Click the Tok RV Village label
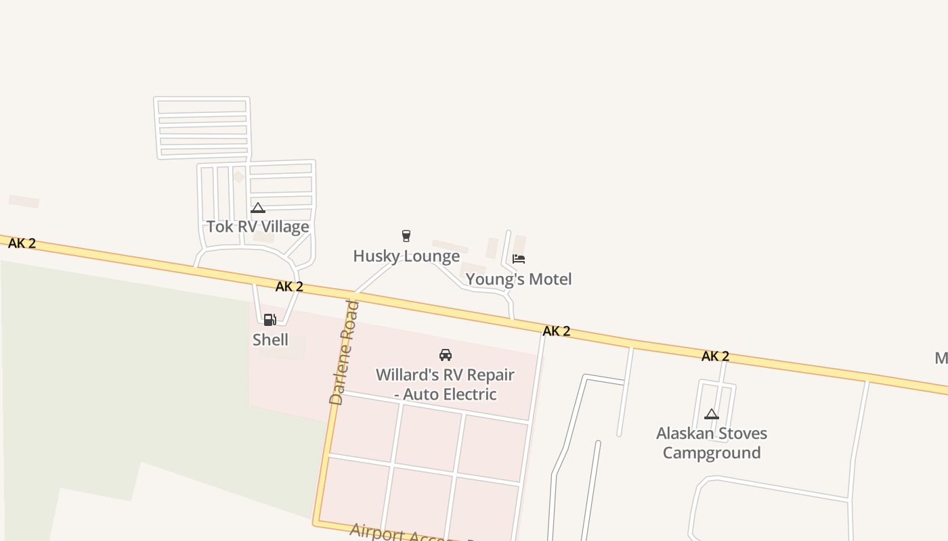tap(257, 227)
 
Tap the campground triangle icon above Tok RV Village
tap(257, 208)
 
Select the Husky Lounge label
tap(406, 256)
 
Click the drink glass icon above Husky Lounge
tap(406, 236)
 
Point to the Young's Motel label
tap(519, 279)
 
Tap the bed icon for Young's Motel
tap(519, 258)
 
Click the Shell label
tap(270, 339)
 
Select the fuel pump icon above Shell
tap(270, 320)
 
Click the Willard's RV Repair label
tap(445, 375)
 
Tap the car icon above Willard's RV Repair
tap(446, 355)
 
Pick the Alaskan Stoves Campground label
tap(712, 443)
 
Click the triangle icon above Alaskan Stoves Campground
tap(712, 414)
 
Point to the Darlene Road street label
tap(344, 352)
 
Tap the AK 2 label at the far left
tap(22, 243)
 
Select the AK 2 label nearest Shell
tap(289, 287)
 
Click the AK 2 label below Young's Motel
tap(557, 331)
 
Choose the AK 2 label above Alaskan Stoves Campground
tap(715, 356)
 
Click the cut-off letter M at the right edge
tap(941, 358)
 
